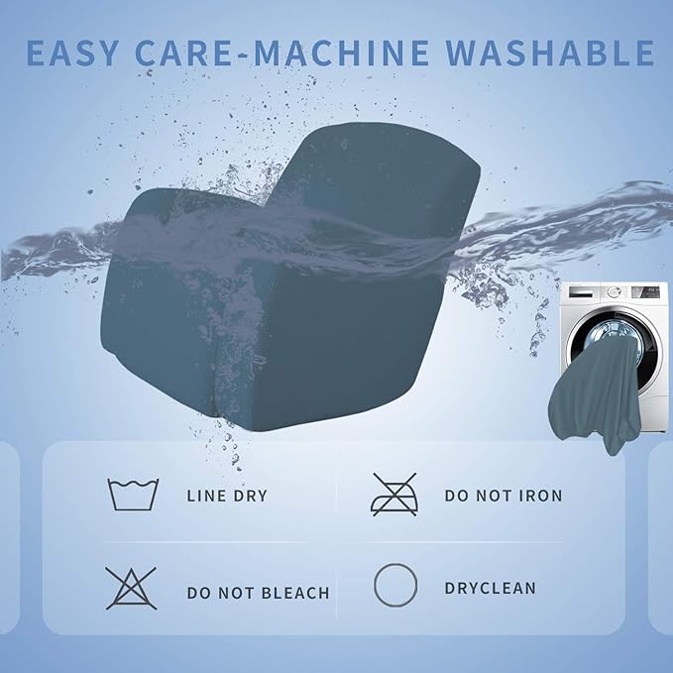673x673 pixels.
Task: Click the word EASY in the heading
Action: [x=71, y=53]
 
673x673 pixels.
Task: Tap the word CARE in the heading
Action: [x=183, y=53]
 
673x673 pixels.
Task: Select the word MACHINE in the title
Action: [x=341, y=53]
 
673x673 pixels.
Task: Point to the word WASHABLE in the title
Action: [x=550, y=53]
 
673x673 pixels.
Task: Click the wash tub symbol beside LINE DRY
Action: [x=133, y=495]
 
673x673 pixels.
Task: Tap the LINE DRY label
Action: [x=227, y=497]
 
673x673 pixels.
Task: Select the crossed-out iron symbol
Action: [x=394, y=495]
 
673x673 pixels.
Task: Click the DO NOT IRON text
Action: [x=504, y=496]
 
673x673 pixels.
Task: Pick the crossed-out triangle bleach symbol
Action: [x=131, y=588]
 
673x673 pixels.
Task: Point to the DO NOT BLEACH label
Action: [x=259, y=593]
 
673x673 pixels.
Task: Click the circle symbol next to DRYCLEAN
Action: [x=395, y=585]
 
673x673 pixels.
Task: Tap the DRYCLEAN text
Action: [x=491, y=588]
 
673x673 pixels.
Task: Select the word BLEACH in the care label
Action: [x=295, y=593]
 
